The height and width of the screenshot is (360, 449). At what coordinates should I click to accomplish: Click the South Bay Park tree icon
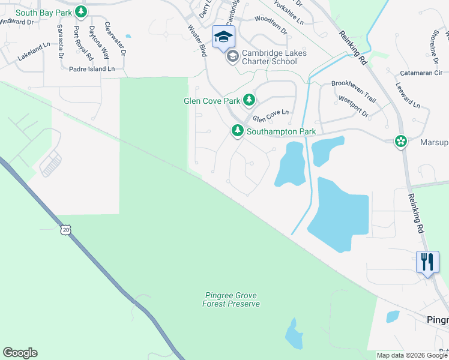click(x=82, y=11)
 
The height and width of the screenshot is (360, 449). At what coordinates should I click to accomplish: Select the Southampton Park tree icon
click(x=238, y=130)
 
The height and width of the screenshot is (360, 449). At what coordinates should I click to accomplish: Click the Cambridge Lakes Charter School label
click(x=274, y=57)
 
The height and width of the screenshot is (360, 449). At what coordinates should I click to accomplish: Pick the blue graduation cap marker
click(x=223, y=38)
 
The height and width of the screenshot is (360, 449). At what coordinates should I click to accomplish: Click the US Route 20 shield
click(x=65, y=229)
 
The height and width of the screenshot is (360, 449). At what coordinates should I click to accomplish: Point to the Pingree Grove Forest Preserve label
click(x=231, y=300)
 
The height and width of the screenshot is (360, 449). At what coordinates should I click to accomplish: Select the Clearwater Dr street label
click(x=115, y=39)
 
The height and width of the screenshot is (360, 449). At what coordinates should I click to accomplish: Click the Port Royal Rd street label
click(x=83, y=43)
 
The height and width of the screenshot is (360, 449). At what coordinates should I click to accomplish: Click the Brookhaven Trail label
click(x=353, y=84)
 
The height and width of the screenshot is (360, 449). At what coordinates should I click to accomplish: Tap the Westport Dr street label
click(x=353, y=104)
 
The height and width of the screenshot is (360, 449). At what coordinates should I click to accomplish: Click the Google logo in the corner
click(x=20, y=353)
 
